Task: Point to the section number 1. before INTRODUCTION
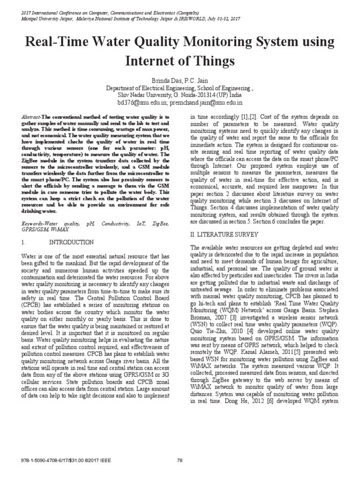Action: point(25,242)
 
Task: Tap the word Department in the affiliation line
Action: point(123,87)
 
